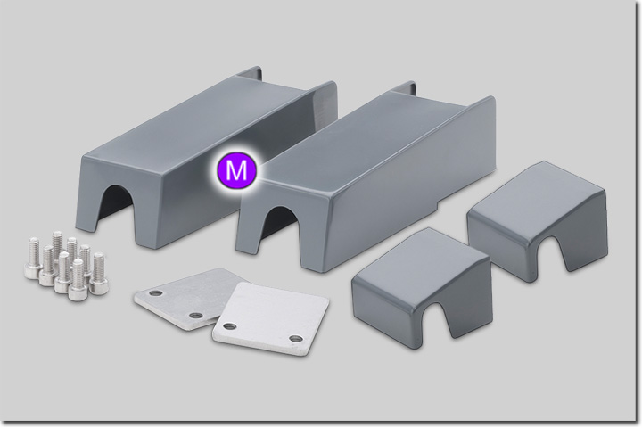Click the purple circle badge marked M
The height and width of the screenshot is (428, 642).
tap(236, 171)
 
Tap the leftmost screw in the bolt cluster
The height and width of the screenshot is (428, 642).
tap(33, 257)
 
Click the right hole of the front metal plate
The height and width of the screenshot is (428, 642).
tap(295, 338)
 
